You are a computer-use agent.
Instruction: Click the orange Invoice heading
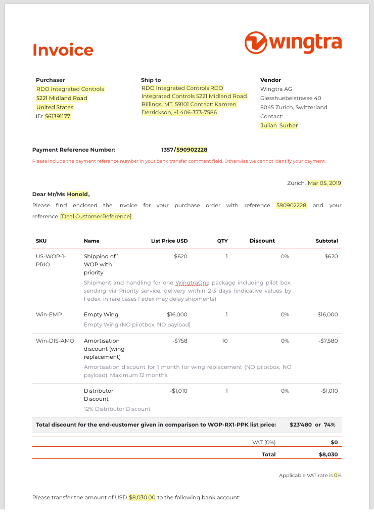(x=63, y=50)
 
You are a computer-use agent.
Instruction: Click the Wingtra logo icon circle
(x=256, y=42)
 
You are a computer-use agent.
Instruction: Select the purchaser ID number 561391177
(x=58, y=116)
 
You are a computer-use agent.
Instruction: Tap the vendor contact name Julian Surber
(x=279, y=125)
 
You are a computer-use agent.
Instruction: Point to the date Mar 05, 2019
(x=324, y=183)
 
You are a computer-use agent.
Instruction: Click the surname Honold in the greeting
(x=77, y=194)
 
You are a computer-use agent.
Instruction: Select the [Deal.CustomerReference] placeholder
(x=96, y=216)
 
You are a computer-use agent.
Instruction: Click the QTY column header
(x=222, y=241)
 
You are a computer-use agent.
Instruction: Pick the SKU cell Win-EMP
(x=49, y=314)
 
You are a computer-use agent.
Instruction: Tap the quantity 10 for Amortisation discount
(x=224, y=341)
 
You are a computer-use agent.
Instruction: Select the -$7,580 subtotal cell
(x=328, y=341)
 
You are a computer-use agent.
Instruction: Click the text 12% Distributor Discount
(x=117, y=409)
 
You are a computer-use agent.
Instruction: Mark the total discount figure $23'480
(x=300, y=425)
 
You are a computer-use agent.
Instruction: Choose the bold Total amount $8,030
(x=327, y=454)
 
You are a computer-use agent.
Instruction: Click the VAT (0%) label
(x=264, y=442)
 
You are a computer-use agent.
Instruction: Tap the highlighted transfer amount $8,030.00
(x=142, y=497)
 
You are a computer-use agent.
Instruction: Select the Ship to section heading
(x=151, y=80)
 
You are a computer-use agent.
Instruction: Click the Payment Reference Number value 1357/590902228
(x=184, y=150)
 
